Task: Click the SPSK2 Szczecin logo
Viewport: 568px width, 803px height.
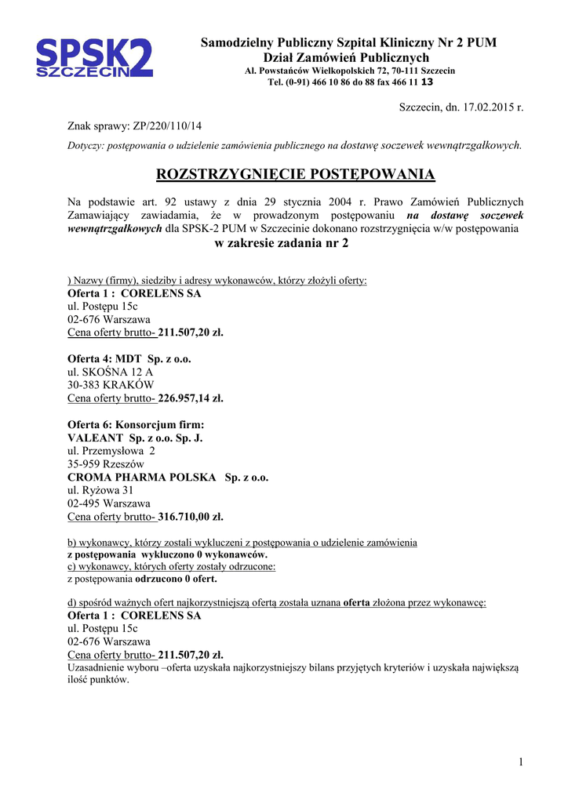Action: tap(94, 58)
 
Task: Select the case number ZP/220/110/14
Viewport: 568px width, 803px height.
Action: tap(168, 125)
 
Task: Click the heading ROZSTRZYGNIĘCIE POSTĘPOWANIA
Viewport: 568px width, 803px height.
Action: tap(296, 174)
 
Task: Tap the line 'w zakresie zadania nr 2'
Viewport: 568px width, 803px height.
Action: tap(282, 243)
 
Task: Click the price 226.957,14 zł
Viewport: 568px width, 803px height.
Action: tap(191, 398)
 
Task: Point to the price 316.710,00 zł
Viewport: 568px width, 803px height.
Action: tap(191, 518)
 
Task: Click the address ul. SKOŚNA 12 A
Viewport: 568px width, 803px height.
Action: tap(111, 372)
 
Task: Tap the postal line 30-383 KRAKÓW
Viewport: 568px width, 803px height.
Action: tap(111, 385)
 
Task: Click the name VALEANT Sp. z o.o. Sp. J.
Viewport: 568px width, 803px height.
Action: tap(135, 438)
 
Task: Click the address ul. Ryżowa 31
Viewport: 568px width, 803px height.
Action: tap(100, 491)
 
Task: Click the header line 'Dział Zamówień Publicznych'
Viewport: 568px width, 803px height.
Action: tap(346, 57)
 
